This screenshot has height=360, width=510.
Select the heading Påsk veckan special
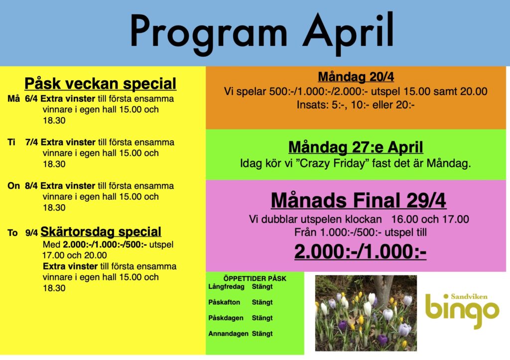pyautogui.click(x=100, y=84)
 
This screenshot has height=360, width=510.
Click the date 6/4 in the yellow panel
pyautogui.click(x=31, y=99)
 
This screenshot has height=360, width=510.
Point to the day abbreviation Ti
pyautogui.click(x=11, y=142)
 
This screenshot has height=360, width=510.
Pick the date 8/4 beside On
pyautogui.click(x=31, y=186)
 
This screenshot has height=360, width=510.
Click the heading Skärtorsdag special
pyautogui.click(x=101, y=232)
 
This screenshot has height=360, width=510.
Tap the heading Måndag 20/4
pyautogui.click(x=356, y=77)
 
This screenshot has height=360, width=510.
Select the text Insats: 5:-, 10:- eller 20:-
pyautogui.click(x=356, y=105)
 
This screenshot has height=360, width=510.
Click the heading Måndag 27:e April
pyautogui.click(x=356, y=147)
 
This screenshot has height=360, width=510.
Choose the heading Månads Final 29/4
pyautogui.click(x=359, y=200)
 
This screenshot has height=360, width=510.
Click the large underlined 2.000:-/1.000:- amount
pyautogui.click(x=361, y=251)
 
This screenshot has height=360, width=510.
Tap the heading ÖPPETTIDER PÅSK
pyautogui.click(x=255, y=279)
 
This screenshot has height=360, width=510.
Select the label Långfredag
pyautogui.click(x=227, y=287)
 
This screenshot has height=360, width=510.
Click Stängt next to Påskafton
pyautogui.click(x=262, y=302)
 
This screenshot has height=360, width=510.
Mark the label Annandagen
pyautogui.click(x=228, y=334)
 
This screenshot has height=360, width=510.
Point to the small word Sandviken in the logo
pyautogui.click(x=469, y=297)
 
